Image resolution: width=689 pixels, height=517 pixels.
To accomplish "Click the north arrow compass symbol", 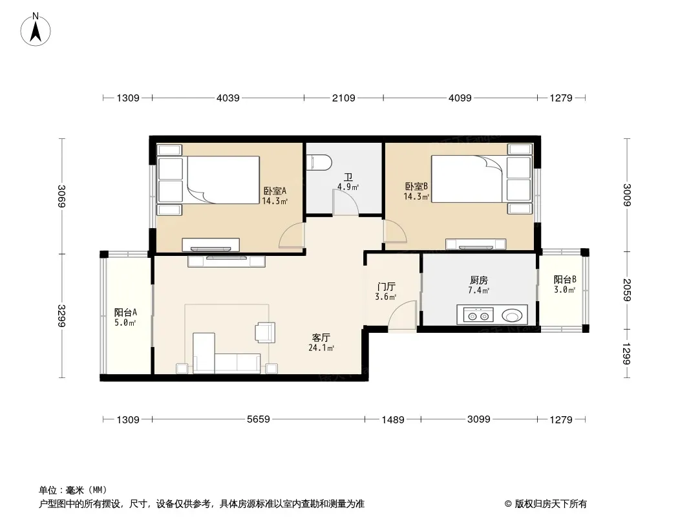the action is (36, 30).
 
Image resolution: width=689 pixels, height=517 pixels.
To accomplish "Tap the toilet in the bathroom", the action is (319, 162).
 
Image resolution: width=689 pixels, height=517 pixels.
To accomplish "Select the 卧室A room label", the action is (275, 191).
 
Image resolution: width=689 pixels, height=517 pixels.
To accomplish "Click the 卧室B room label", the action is (416, 186).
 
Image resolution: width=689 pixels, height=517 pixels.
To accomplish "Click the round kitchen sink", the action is (512, 315).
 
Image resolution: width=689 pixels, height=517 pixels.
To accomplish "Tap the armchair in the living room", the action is (266, 332).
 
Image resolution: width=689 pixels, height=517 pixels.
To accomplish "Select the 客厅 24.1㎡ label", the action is (321, 343).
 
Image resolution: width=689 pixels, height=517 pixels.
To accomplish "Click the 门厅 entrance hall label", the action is (386, 287).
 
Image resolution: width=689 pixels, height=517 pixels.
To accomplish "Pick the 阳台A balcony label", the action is (125, 312).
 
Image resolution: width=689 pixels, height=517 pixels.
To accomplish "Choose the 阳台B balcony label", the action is (565, 279).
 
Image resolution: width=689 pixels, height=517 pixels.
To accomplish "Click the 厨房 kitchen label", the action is (478, 280).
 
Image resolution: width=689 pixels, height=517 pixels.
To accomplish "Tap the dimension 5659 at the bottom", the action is (259, 419).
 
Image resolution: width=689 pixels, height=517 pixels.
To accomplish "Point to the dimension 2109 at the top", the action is (343, 98).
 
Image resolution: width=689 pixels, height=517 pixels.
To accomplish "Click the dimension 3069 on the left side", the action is (61, 196).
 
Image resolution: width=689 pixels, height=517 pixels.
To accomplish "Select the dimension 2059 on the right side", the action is (627, 290).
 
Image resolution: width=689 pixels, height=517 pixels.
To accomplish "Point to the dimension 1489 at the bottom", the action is (392, 419).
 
